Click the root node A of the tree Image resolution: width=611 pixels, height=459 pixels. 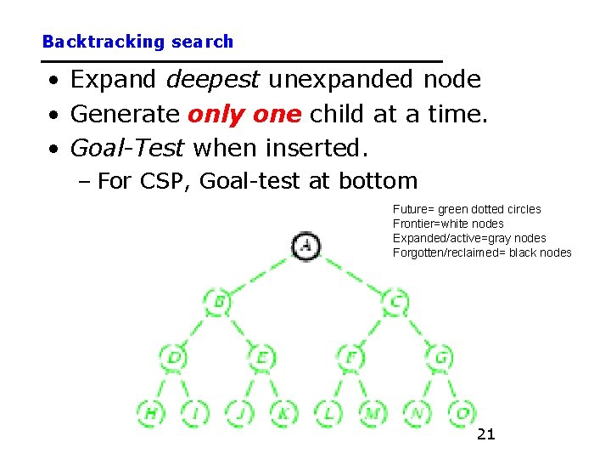tap(305, 246)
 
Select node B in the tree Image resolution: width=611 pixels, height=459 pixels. tap(218, 301)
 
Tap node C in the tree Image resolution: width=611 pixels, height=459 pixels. tap(395, 301)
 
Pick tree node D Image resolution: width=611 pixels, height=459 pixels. tap(174, 357)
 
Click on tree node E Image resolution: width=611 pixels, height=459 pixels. tap(261, 357)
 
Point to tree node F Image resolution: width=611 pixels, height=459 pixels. tap(350, 357)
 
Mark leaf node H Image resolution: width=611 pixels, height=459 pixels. tap(151, 413)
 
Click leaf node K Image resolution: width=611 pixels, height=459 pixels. tap(283, 413)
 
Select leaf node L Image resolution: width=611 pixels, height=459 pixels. tap(328, 413)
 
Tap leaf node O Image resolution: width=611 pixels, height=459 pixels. tap(462, 413)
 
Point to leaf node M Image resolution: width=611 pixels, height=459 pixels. tap(373, 413)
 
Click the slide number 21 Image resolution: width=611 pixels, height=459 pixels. tap(485, 435)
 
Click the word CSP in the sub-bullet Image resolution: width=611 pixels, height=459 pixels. tap(160, 181)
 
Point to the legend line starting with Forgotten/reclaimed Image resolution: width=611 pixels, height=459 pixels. tap(482, 252)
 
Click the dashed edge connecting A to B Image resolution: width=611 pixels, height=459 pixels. tap(260, 274)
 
